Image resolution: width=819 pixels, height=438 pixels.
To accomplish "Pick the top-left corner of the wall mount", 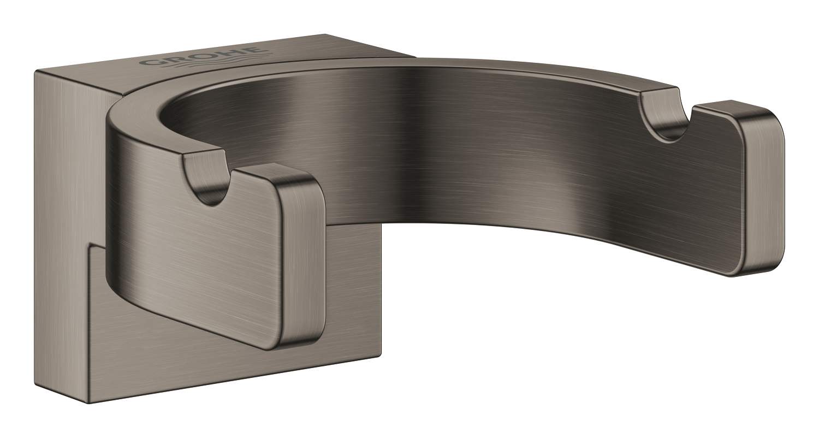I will [x=36, y=72].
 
